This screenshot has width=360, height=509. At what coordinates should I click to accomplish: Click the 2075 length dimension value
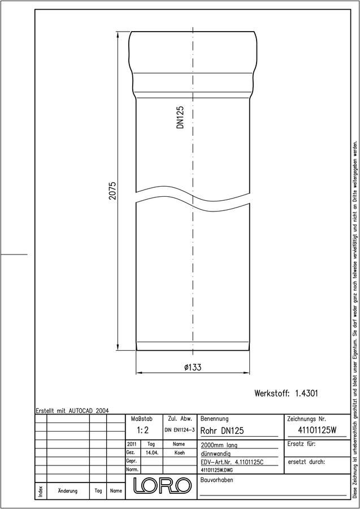click(112, 191)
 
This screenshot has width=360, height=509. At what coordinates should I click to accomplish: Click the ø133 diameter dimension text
click(193, 367)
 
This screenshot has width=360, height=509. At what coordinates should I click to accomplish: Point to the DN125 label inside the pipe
click(180, 117)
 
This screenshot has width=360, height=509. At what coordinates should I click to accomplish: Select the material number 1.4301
click(306, 394)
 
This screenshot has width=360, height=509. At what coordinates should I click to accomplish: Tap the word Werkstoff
click(272, 394)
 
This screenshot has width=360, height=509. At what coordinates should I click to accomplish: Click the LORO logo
click(162, 485)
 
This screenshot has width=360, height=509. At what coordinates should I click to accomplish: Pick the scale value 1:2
click(142, 430)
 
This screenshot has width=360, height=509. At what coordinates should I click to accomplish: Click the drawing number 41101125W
click(317, 430)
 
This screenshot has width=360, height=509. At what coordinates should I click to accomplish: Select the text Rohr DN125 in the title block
click(222, 431)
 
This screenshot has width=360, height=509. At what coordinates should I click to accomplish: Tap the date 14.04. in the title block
click(152, 452)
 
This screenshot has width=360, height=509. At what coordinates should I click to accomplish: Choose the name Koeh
click(179, 452)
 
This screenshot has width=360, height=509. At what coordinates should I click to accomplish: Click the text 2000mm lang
click(219, 446)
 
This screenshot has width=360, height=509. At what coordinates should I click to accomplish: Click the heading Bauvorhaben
click(216, 480)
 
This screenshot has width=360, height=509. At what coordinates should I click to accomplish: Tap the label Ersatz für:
click(302, 444)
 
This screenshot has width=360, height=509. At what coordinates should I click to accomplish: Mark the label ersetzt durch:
click(306, 461)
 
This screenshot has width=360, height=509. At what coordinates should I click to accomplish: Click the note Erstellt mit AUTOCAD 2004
click(72, 411)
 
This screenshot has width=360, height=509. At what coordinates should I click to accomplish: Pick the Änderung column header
click(67, 491)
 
